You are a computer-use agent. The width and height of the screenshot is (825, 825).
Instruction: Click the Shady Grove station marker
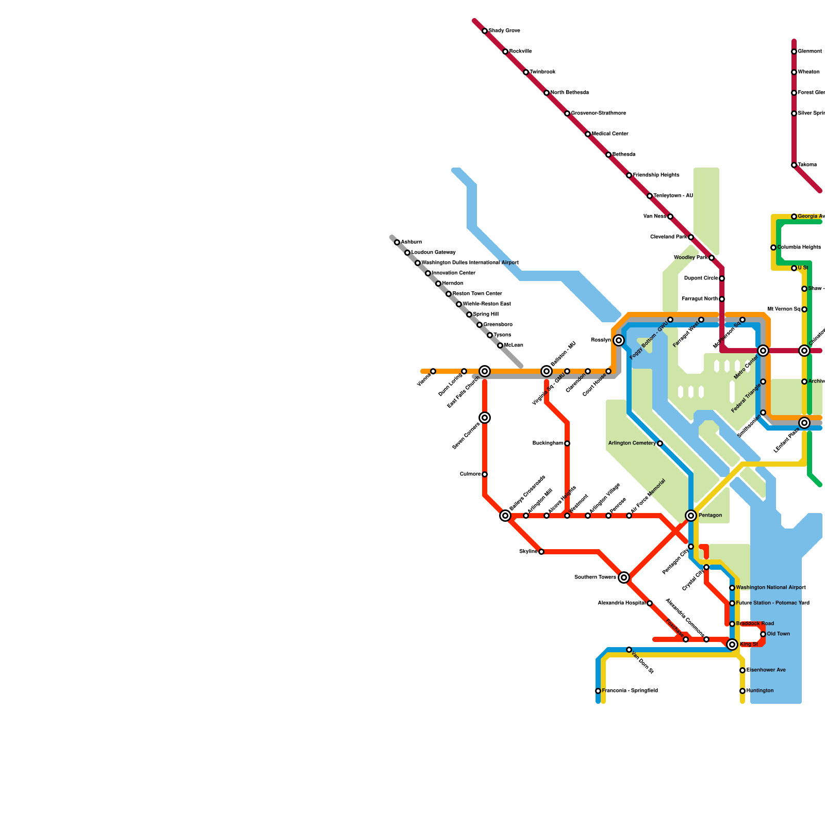(485, 31)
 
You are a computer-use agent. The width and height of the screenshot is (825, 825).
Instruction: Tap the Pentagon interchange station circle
(691, 516)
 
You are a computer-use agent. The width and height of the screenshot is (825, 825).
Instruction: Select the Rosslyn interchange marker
(619, 340)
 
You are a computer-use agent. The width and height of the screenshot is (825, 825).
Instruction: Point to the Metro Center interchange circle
(763, 351)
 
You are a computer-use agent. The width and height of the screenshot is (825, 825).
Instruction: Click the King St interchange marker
(732, 645)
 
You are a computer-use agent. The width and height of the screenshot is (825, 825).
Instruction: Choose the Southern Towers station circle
(624, 577)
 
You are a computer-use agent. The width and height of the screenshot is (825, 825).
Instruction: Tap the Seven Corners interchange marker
(485, 418)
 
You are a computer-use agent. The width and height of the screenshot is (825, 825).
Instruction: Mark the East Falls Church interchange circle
(485, 371)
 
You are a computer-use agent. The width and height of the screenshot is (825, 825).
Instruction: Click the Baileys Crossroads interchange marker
(505, 516)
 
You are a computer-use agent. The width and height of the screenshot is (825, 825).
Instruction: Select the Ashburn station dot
(397, 242)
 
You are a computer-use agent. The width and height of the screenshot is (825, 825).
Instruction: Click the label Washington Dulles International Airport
(470, 263)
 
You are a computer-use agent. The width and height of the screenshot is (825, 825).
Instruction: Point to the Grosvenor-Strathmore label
(598, 113)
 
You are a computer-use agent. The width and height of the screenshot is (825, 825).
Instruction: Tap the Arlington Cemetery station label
(632, 443)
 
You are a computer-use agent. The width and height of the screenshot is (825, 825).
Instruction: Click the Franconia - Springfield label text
(630, 691)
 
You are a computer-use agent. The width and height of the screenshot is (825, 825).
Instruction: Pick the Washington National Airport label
(770, 588)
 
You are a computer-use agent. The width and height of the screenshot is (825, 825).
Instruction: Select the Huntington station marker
(742, 691)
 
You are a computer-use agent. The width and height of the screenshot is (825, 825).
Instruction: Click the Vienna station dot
(433, 371)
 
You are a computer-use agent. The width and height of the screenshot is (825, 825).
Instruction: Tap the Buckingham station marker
(567, 443)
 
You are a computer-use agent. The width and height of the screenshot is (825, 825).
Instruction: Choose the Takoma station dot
(794, 165)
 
